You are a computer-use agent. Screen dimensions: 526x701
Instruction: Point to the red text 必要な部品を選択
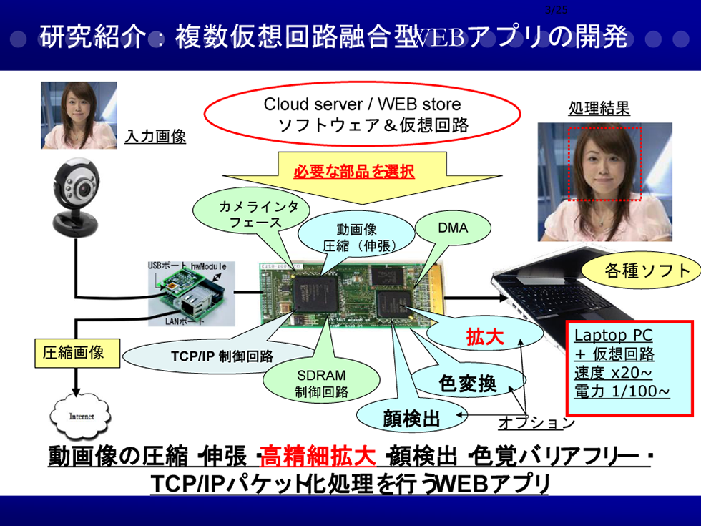click(354, 172)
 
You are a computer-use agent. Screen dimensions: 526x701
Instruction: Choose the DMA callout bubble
click(452, 228)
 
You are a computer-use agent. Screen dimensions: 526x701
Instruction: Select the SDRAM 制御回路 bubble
click(321, 383)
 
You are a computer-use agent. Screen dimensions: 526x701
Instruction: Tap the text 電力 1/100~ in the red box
click(622, 391)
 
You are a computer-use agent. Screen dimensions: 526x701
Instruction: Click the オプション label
click(536, 422)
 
